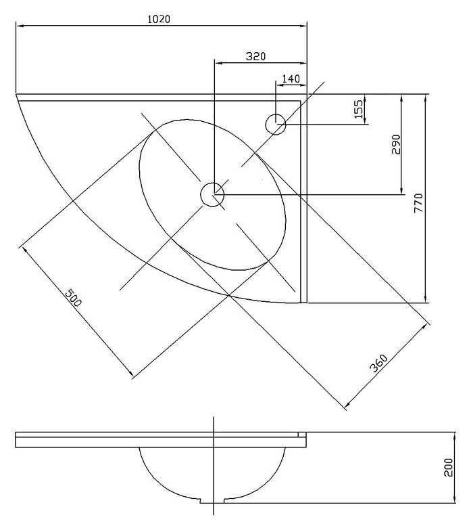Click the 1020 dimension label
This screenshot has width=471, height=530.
(159, 19)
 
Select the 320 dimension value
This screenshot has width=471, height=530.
(255, 56)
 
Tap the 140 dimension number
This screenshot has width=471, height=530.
(291, 79)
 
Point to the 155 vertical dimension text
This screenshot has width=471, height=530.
(359, 109)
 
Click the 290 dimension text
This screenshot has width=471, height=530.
(396, 144)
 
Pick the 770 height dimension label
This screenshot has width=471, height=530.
(418, 203)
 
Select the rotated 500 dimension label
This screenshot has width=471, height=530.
(73, 297)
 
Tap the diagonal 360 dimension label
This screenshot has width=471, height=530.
(379, 363)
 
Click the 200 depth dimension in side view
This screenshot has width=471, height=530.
(449, 468)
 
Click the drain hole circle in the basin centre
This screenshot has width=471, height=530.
(212, 194)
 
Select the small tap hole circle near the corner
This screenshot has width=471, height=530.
(276, 125)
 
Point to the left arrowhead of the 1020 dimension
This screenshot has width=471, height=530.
(20, 25)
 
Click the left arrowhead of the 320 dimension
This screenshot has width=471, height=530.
(219, 63)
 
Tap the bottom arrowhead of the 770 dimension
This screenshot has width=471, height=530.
(426, 299)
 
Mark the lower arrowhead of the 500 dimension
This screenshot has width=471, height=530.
(130, 373)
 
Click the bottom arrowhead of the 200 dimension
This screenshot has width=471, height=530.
(454, 500)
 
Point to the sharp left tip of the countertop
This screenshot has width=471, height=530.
(16, 94)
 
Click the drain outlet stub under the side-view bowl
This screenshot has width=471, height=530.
(214, 501)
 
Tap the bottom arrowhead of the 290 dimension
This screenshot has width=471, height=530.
(401, 191)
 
